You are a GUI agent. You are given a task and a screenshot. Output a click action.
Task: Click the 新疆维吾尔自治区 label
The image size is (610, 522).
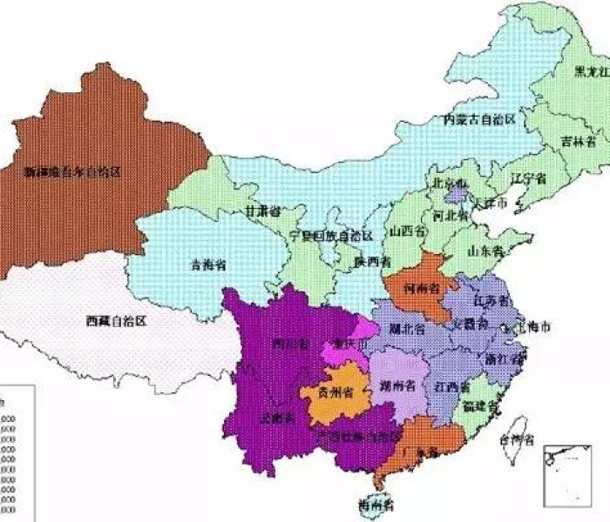pos(71,172)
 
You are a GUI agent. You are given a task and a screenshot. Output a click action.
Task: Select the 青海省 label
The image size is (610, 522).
pos(208,264)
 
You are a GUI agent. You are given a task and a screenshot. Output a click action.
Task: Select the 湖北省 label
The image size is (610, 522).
pos(407,330)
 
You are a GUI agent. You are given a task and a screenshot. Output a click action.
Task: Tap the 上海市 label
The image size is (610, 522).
pos(532,328)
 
